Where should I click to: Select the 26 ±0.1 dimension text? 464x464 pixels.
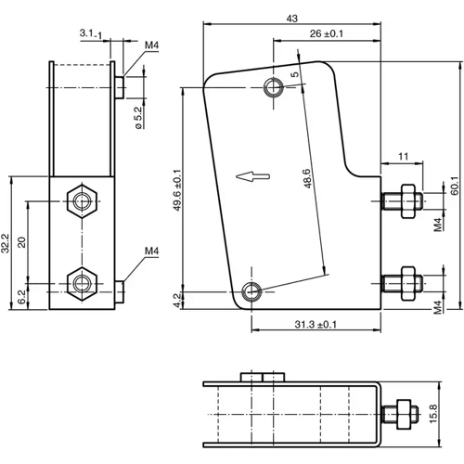[327, 33]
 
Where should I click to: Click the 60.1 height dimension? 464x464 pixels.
[454, 186]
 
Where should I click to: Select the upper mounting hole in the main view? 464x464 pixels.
[274, 88]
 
